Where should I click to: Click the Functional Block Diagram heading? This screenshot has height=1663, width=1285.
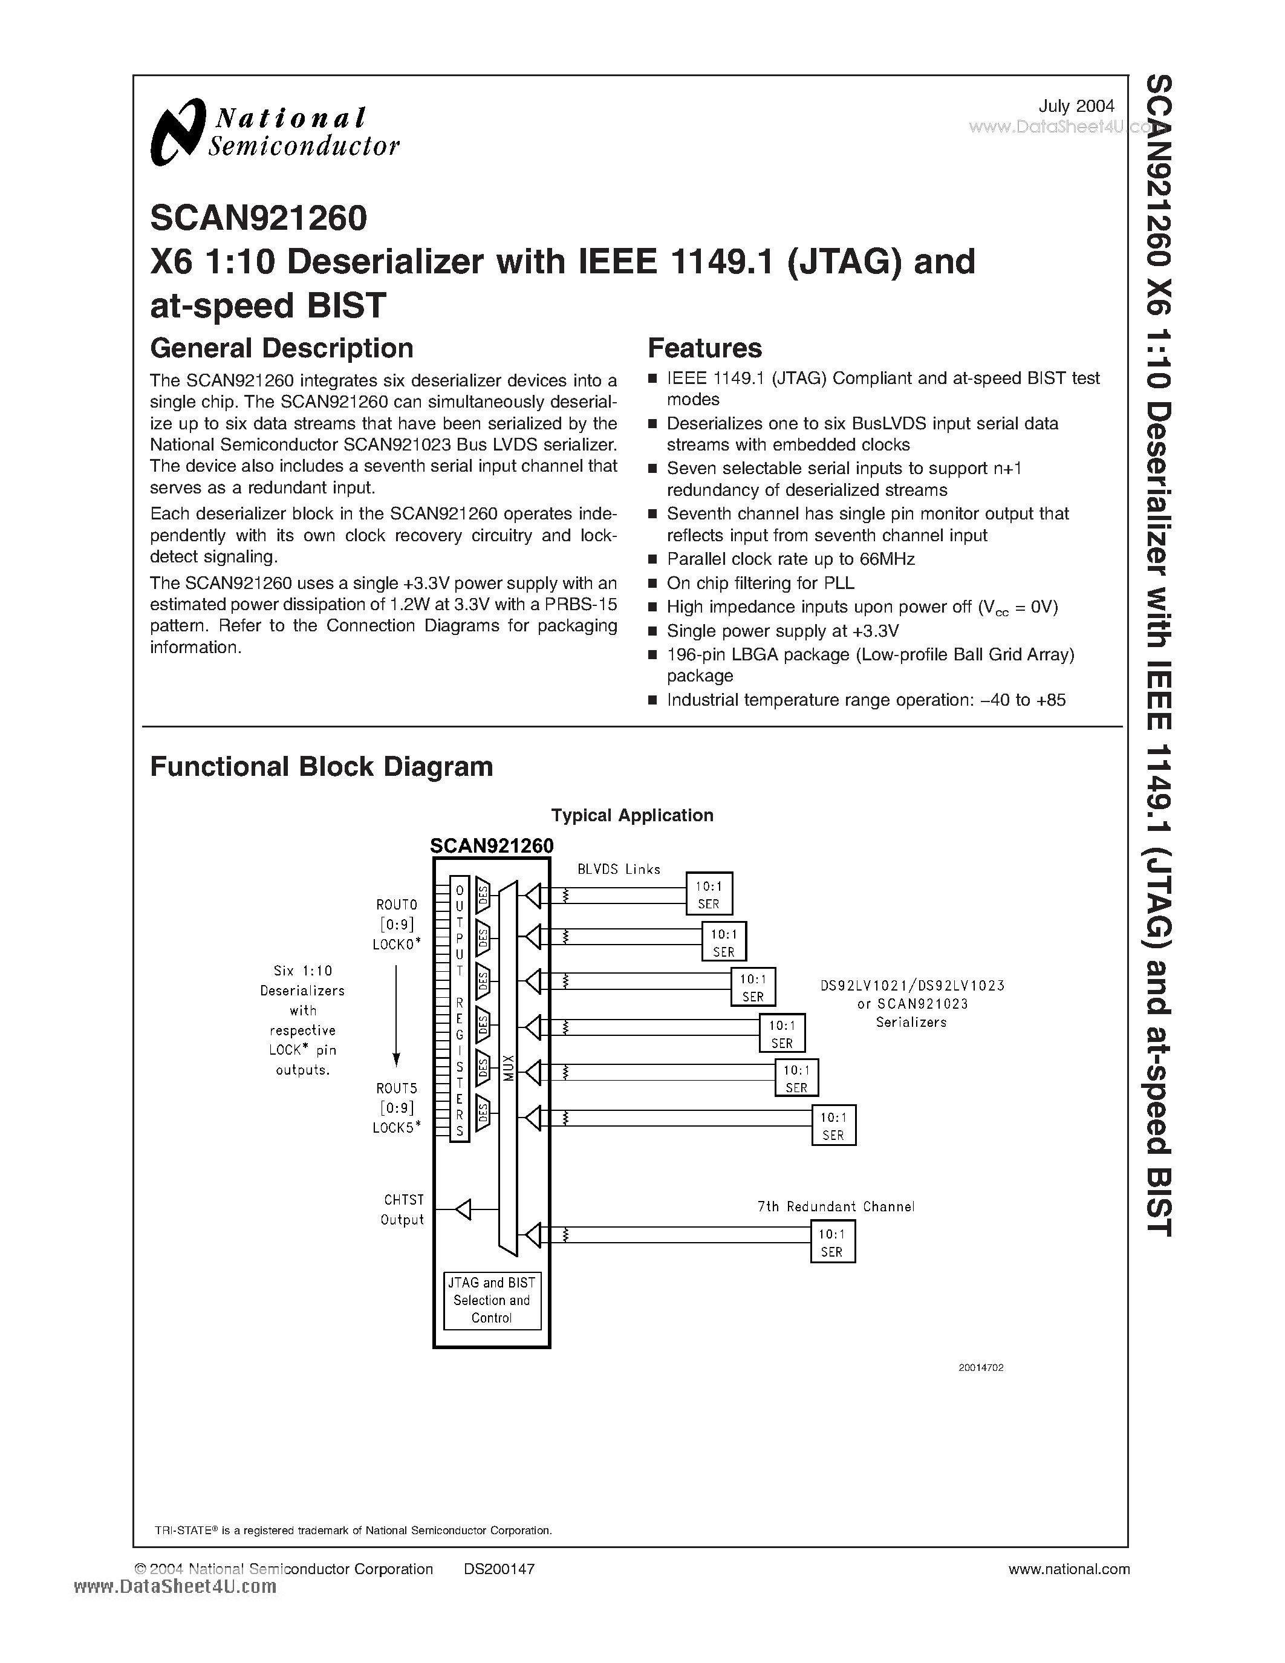[x=321, y=766]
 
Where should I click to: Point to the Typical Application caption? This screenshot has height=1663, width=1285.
[x=632, y=816]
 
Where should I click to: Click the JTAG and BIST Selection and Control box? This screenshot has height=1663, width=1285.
[x=492, y=1301]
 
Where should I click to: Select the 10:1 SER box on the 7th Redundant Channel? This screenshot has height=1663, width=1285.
[x=832, y=1242]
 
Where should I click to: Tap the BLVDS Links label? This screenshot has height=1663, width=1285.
[x=618, y=869]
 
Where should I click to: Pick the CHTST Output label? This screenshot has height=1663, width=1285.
[x=402, y=1209]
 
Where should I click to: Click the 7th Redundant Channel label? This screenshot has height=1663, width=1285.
[x=835, y=1206]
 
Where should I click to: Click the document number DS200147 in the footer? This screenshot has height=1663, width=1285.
[x=499, y=1569]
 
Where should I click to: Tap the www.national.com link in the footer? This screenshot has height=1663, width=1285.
[x=1068, y=1569]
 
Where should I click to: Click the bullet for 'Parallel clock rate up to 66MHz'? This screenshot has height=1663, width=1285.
[x=652, y=559]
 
